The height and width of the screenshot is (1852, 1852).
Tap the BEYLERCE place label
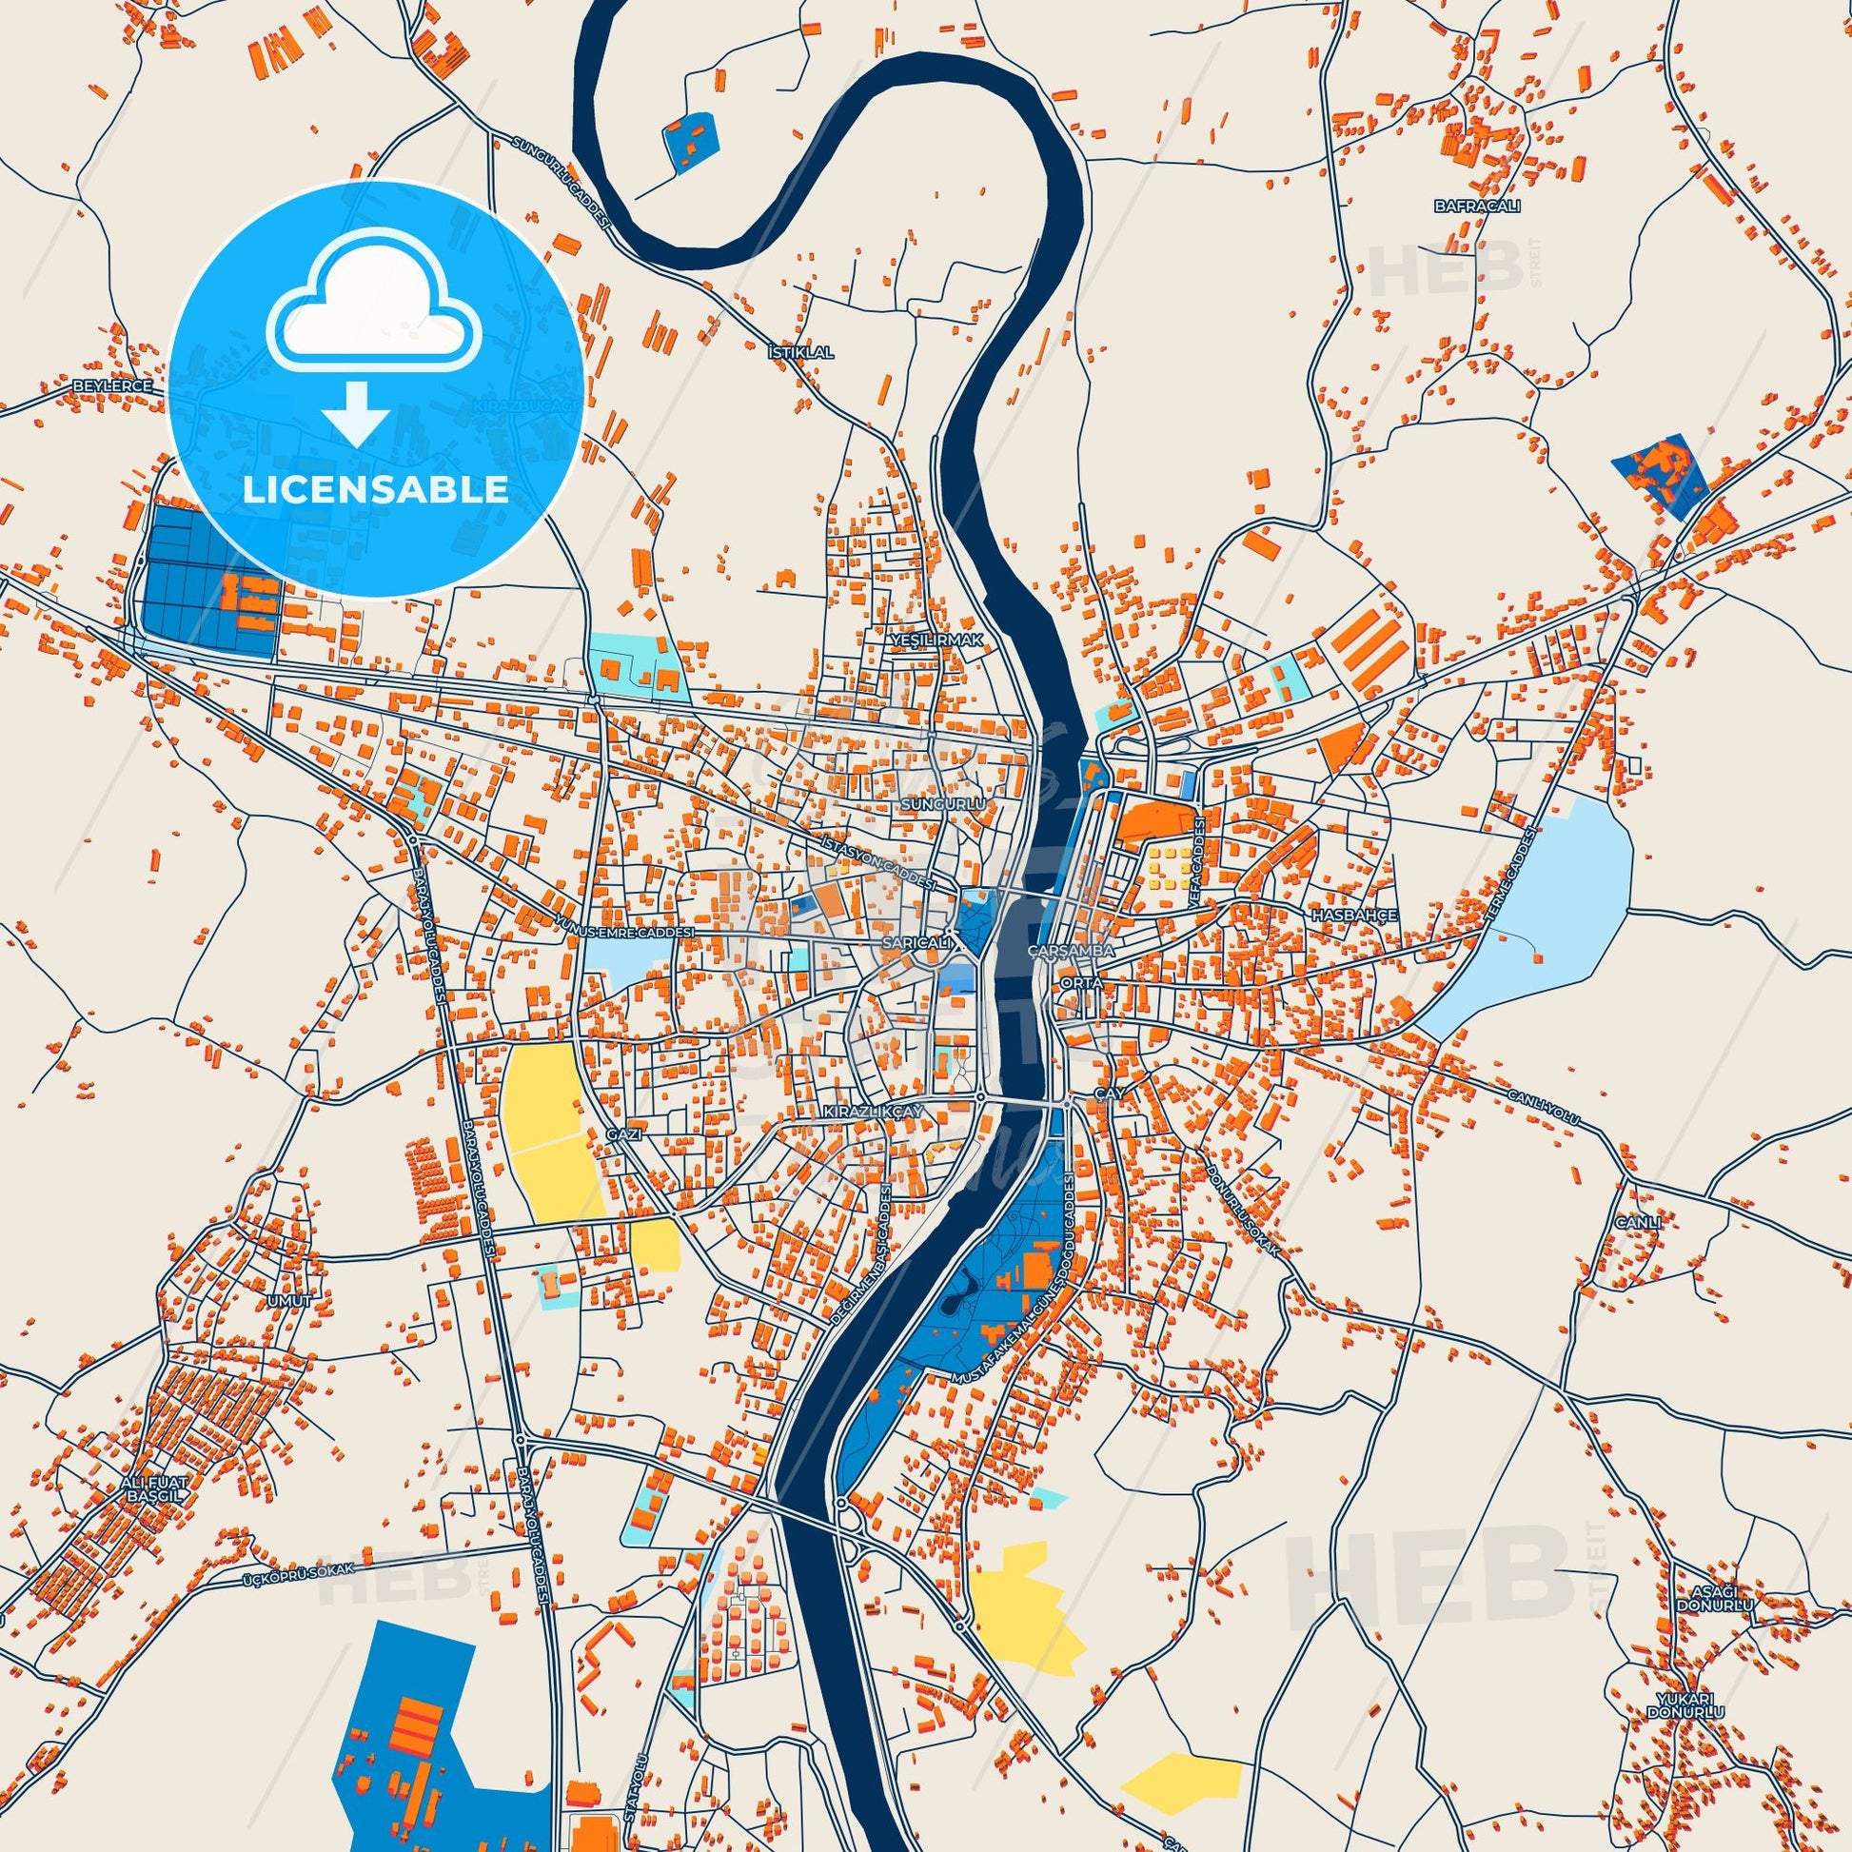[x=113, y=385]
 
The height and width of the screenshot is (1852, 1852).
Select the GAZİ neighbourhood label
[x=622, y=1133]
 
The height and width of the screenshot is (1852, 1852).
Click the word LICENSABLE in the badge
[x=375, y=489]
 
